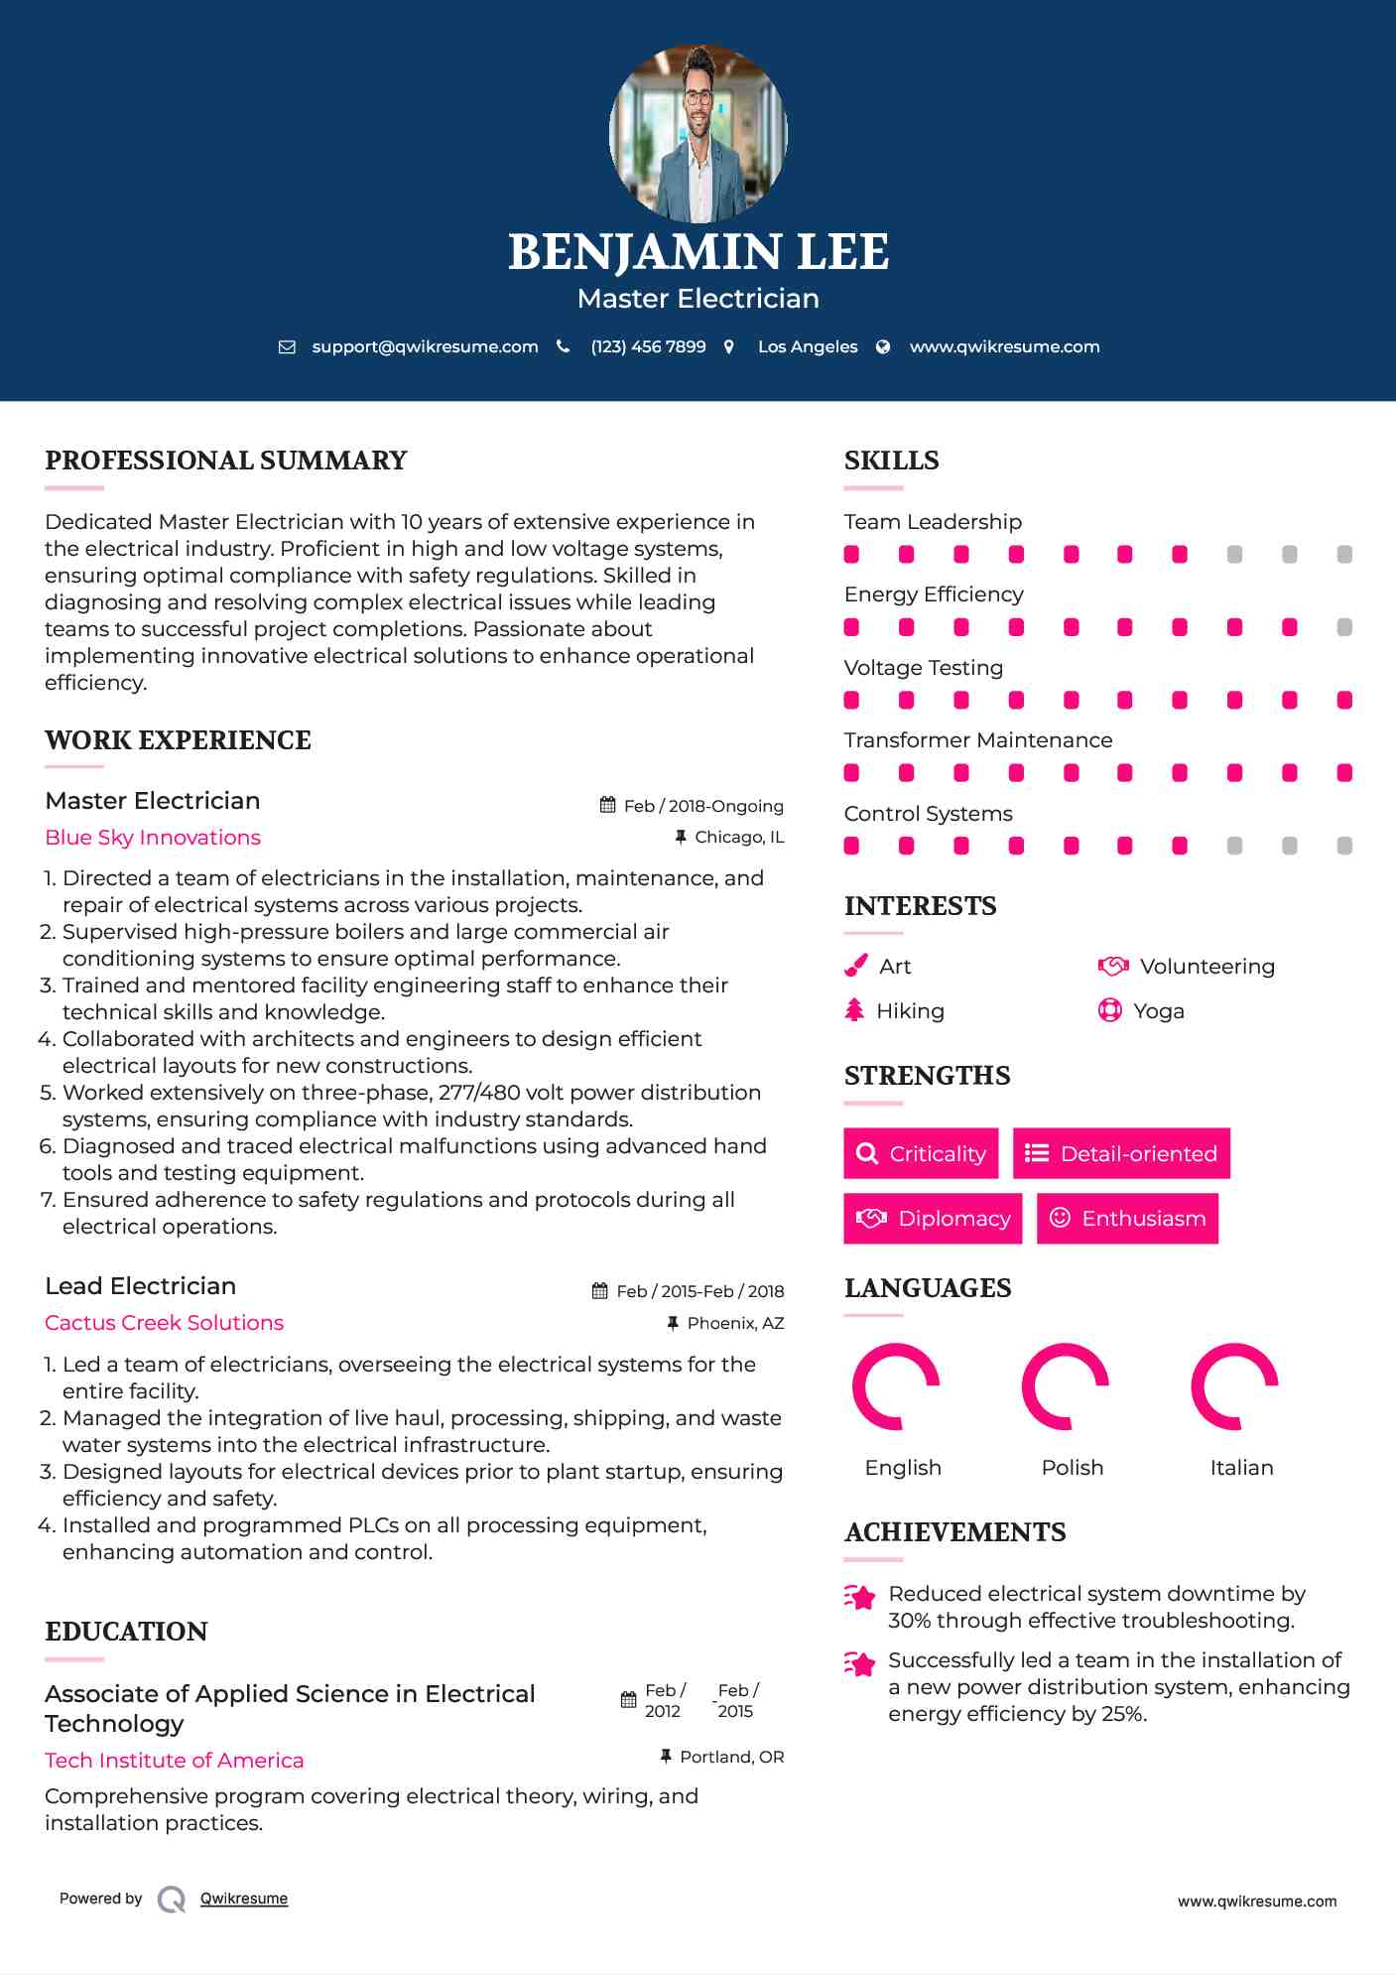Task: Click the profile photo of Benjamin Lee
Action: (698, 133)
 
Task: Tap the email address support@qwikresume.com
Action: (425, 346)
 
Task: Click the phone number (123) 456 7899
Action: (648, 346)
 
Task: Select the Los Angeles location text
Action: (807, 346)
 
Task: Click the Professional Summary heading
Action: (226, 461)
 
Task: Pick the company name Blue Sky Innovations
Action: (153, 837)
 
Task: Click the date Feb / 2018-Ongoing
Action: (702, 806)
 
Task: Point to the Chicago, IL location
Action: (738, 837)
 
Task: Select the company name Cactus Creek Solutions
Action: (164, 1322)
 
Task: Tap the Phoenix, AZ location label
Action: (734, 1323)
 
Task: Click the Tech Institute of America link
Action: (175, 1760)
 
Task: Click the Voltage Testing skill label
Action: (923, 667)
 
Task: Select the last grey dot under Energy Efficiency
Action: (1343, 627)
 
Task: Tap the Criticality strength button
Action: (921, 1153)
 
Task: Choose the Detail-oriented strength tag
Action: (1121, 1153)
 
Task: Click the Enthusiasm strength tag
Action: (1127, 1218)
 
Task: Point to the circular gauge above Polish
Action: (1065, 1386)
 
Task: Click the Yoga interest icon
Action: (1109, 1010)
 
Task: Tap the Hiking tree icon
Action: (854, 1010)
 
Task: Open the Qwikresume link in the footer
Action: (244, 1899)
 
